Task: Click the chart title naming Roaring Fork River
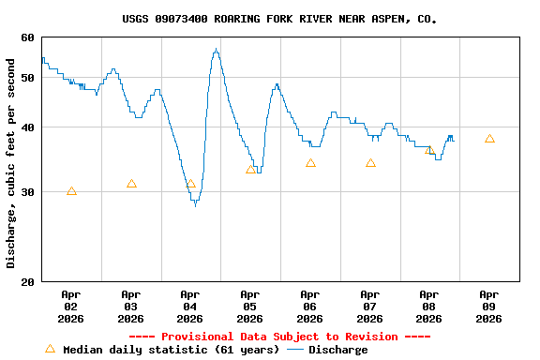pos(278,19)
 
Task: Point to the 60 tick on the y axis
pos(26,37)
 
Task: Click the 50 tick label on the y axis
pos(26,77)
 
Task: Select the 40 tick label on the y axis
pos(26,127)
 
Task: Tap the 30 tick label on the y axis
pos(26,191)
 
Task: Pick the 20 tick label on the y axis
pos(26,281)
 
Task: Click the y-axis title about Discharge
pos(11,159)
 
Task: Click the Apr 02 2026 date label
pos(71,306)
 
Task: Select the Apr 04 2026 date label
pos(190,306)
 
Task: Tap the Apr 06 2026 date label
pos(309,306)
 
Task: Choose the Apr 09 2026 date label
pos(488,306)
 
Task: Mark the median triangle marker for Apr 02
pos(71,191)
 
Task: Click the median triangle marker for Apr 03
pos(131,184)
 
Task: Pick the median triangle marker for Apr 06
pos(310,163)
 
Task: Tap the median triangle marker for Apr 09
pos(489,139)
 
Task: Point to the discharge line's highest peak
pos(216,50)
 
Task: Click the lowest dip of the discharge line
pos(195,205)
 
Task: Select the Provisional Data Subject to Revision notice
pos(278,337)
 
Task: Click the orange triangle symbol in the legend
pos(50,349)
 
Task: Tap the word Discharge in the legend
pos(338,350)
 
